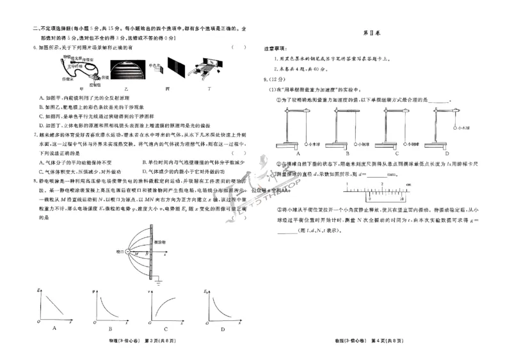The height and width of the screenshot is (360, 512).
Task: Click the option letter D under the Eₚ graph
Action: [223, 329]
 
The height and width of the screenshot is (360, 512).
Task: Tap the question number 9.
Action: [266, 79]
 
